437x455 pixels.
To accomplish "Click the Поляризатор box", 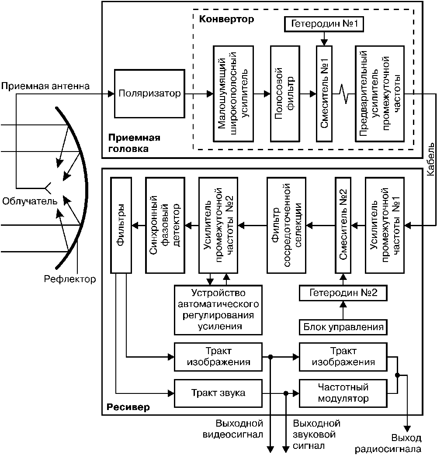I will tap(149, 93).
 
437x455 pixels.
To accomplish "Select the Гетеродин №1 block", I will tap(324, 24).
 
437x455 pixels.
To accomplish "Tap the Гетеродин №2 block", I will tap(343, 293).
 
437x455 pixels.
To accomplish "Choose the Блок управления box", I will tap(343, 326).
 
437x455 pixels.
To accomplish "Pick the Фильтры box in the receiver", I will tap(121, 225).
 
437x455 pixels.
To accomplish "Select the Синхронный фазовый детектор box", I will tap(165, 225).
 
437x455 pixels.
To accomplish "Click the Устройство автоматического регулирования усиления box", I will tap(218, 309).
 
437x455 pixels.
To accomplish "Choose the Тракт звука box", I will tap(218, 393).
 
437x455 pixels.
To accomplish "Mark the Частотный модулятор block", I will tap(343, 393).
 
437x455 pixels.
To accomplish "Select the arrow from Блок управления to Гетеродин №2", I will tap(343, 310).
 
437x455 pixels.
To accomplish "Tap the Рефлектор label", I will tap(70, 279).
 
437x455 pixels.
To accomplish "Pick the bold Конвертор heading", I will tap(226, 20).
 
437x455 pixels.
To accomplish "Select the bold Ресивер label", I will tap(128, 407).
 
